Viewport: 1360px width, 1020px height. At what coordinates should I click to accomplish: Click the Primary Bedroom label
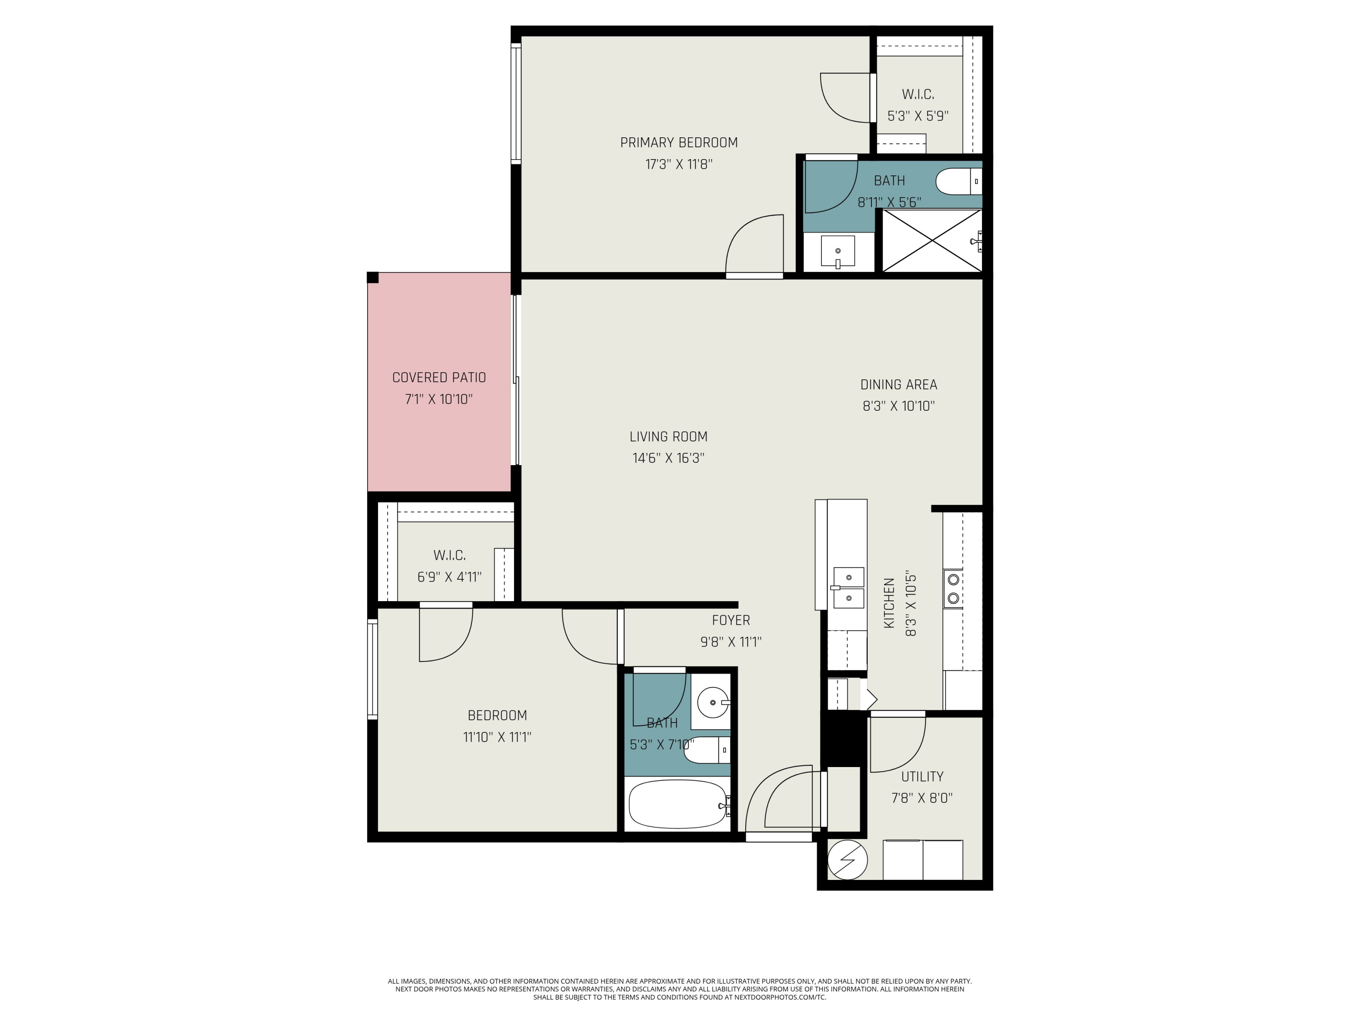[679, 143]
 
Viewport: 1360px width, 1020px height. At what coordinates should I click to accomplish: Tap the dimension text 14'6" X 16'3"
[668, 458]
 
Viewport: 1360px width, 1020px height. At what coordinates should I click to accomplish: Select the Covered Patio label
[439, 378]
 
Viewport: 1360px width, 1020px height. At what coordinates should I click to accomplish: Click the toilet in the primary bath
[958, 181]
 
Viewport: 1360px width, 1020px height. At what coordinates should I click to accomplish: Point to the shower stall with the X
[932, 240]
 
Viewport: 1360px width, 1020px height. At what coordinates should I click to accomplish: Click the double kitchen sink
[849, 587]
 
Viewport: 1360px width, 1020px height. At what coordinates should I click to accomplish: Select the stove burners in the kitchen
[953, 588]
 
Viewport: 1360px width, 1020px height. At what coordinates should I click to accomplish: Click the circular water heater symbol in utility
[847, 860]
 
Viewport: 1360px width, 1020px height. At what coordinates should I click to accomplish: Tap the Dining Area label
[898, 385]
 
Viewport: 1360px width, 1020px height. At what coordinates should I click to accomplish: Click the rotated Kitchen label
[889, 603]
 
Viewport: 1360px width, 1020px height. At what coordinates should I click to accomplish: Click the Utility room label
[922, 777]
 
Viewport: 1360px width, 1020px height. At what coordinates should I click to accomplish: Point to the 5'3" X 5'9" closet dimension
[918, 116]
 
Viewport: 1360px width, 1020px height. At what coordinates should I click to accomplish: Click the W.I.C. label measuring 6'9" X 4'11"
[449, 555]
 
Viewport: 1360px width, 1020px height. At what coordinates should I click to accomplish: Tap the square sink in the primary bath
[837, 251]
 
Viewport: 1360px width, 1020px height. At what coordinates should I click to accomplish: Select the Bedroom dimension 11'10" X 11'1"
[497, 737]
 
